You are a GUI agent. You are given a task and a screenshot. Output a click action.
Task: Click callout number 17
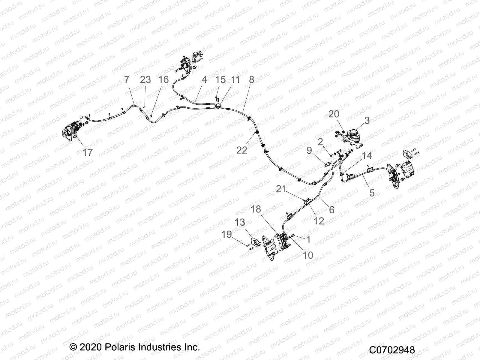point(88,152)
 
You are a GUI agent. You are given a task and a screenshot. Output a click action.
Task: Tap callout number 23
point(145,79)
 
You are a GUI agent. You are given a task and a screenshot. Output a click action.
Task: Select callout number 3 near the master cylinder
point(367,121)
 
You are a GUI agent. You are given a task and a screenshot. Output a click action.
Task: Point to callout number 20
point(334,114)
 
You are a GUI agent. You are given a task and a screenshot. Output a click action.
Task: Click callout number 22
point(241,150)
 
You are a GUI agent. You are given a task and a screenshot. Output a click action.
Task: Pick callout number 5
point(372,193)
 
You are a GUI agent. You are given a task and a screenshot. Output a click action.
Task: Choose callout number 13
point(240,222)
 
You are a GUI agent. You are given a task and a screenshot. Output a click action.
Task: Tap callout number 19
point(227,234)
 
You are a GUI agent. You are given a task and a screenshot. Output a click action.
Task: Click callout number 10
point(308,255)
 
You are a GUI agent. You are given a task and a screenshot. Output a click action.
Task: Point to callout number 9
point(309,150)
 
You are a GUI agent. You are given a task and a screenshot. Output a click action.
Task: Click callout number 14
point(367,155)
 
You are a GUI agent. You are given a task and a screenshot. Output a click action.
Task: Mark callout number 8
point(251,79)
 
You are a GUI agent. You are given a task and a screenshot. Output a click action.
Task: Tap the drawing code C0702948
point(392,350)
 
